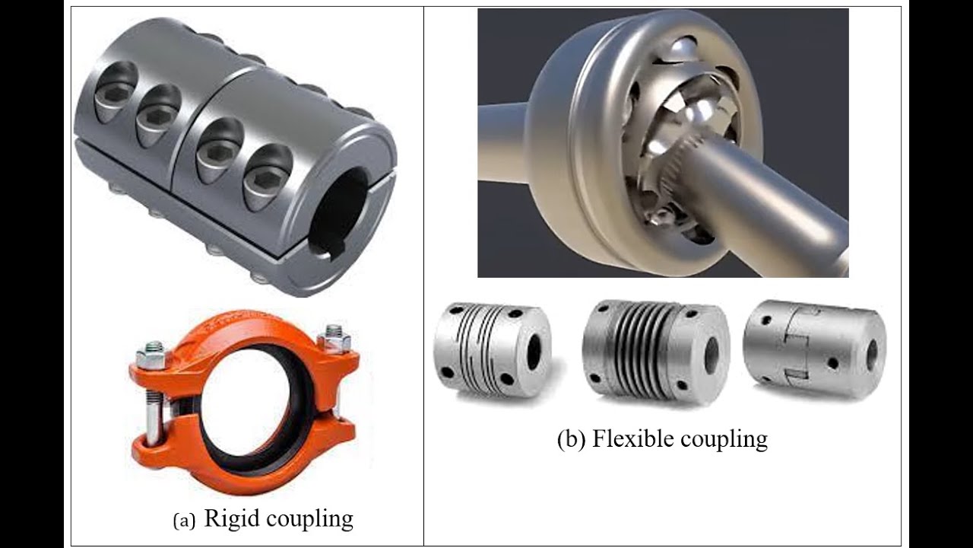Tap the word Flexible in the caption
[x=635, y=438]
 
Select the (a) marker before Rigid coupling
[x=185, y=521]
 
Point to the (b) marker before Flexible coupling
[x=571, y=439]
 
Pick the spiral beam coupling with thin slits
[x=491, y=350]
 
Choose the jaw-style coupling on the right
[x=814, y=350]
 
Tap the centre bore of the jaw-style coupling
[x=871, y=354]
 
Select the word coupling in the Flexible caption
[x=721, y=439]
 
